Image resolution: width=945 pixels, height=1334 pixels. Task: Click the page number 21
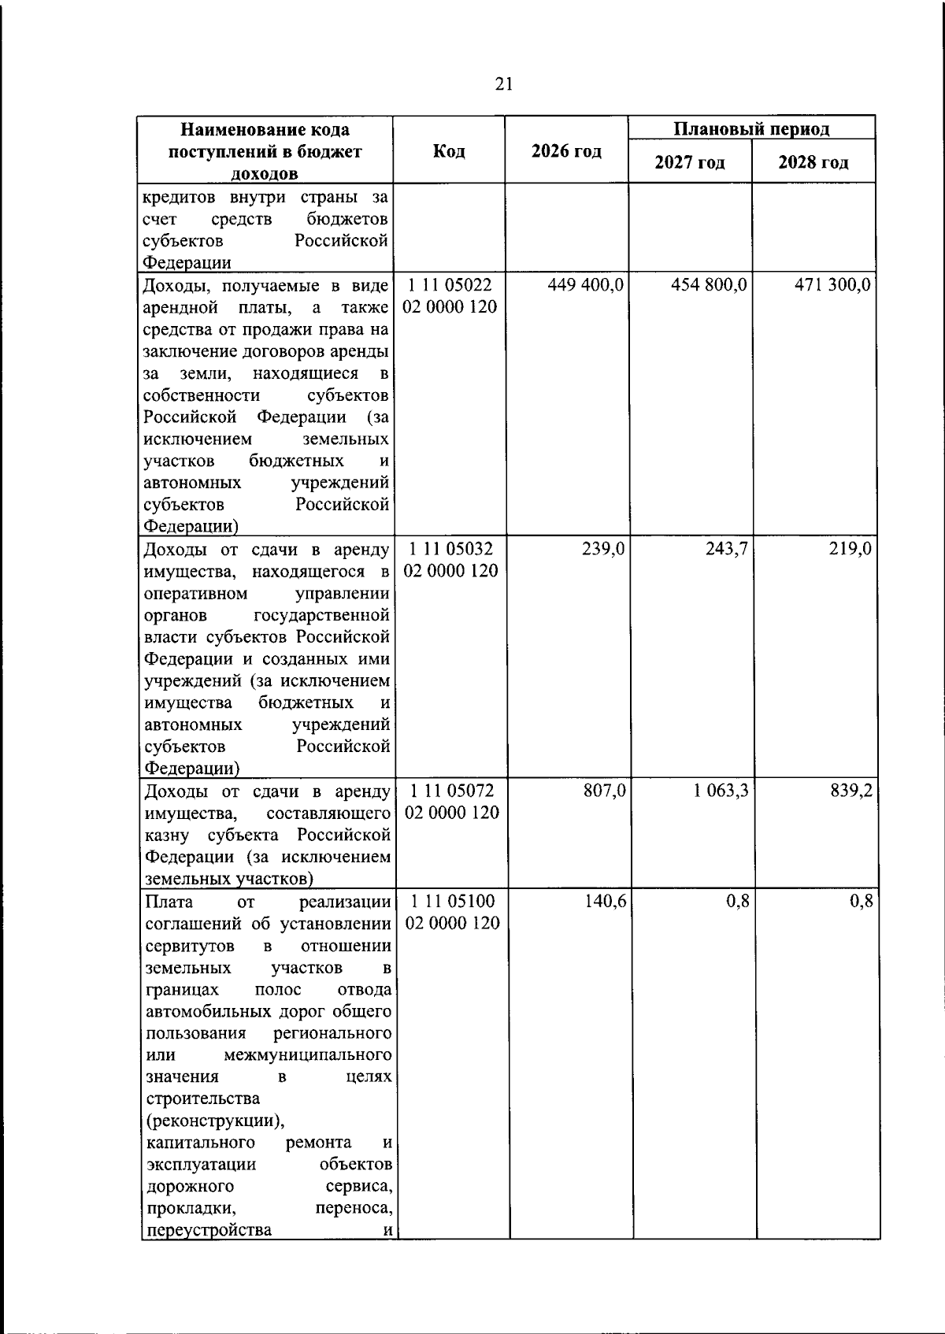[504, 84]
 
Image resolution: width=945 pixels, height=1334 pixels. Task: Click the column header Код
[449, 151]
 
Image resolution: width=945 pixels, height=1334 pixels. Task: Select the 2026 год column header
[566, 151]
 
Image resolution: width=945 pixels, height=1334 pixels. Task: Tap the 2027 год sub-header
[690, 163]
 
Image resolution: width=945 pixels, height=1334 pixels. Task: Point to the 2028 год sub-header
[813, 163]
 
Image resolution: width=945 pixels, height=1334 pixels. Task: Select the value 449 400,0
[586, 285]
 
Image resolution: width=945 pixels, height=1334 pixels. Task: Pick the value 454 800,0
[709, 285]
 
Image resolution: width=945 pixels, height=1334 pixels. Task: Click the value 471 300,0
[832, 285]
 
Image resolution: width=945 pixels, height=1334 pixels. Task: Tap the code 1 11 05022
[450, 285]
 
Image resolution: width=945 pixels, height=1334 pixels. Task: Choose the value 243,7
[727, 549]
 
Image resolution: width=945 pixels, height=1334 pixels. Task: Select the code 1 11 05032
[450, 549]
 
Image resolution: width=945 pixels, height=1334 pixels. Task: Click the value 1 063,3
[721, 791]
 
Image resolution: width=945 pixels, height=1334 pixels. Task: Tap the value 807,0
[604, 791]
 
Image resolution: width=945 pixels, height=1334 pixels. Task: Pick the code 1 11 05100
[452, 901]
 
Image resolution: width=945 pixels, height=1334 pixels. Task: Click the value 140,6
[605, 901]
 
